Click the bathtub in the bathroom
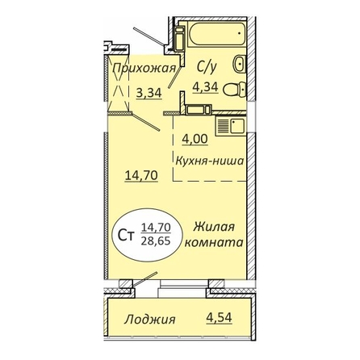[217, 34]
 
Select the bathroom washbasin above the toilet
[240, 64]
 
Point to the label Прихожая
[144, 69]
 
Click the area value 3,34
[149, 93]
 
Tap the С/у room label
[207, 67]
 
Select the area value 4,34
[205, 87]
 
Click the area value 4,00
[195, 139]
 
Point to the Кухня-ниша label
[210, 161]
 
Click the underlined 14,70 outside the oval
[141, 176]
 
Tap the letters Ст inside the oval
[126, 236]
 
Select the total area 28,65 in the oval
[156, 241]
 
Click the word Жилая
[214, 227]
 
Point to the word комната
[214, 242]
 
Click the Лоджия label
[149, 320]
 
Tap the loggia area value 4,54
[219, 318]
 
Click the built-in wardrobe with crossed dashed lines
[119, 83]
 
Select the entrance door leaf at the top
[149, 36]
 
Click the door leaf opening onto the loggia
[145, 279]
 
